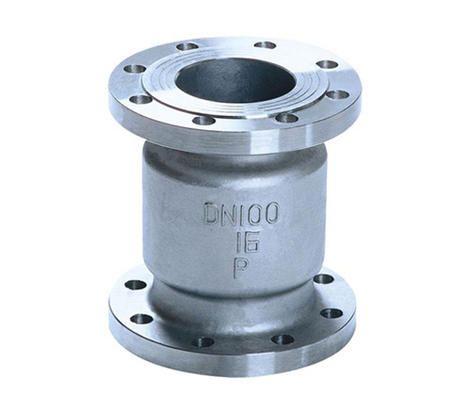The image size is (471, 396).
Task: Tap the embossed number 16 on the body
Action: click(x=247, y=241)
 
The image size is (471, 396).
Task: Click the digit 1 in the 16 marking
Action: click(x=239, y=241)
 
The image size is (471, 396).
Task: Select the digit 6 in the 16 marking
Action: click(x=252, y=241)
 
